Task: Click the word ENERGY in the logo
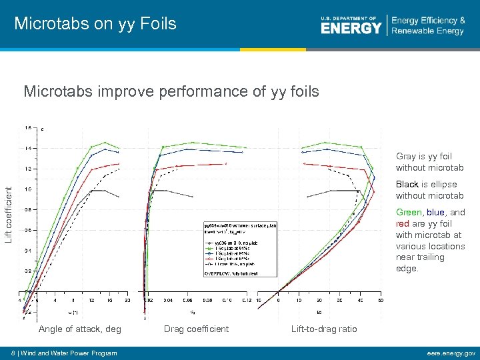tap(351, 28)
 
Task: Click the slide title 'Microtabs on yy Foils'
tap(95, 24)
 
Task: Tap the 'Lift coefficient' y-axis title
tap(9, 214)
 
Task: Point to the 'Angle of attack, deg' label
tap(80, 329)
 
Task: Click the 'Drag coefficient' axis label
tap(196, 329)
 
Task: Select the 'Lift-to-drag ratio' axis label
tap(324, 329)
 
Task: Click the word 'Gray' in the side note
tap(406, 157)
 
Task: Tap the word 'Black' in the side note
tap(407, 184)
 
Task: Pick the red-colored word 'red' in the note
tap(403, 224)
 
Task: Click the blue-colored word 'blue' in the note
tap(435, 213)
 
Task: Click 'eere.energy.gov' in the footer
tap(449, 353)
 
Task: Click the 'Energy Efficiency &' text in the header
tap(428, 21)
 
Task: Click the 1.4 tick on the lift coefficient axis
tap(27, 148)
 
